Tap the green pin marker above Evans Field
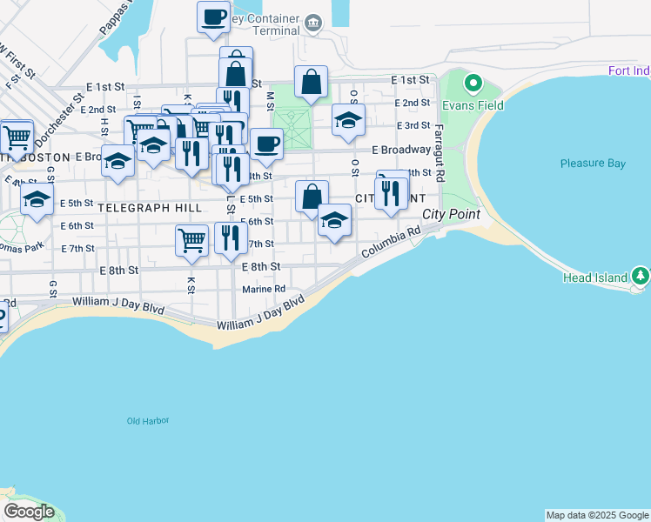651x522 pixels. tap(473, 84)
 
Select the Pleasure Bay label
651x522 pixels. tap(593, 163)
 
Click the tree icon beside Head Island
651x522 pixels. tap(641, 277)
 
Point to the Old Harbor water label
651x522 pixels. tap(147, 421)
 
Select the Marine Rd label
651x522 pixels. tap(264, 289)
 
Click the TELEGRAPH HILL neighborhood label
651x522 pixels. tap(150, 208)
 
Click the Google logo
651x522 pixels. tap(29, 512)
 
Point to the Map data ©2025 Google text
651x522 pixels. tap(597, 515)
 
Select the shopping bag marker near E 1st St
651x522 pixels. tap(311, 83)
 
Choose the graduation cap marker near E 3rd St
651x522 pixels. tap(348, 121)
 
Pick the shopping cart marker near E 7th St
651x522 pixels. tap(191, 239)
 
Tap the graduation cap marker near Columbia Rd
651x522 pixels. tap(334, 220)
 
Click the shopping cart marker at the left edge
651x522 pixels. tap(17, 137)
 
